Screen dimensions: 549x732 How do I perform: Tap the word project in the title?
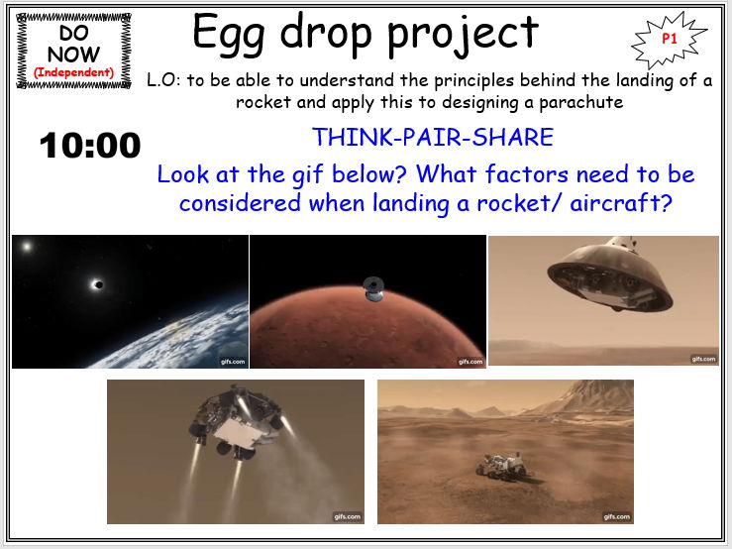click(463, 35)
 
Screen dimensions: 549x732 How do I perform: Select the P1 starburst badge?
click(671, 39)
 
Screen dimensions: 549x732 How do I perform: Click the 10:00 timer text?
click(90, 147)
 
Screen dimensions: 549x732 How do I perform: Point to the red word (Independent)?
click(74, 72)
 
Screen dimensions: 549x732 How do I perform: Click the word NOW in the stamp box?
click(74, 54)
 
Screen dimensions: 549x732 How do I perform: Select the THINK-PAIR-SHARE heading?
click(433, 137)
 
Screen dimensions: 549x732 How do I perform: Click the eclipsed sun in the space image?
click(96, 283)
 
